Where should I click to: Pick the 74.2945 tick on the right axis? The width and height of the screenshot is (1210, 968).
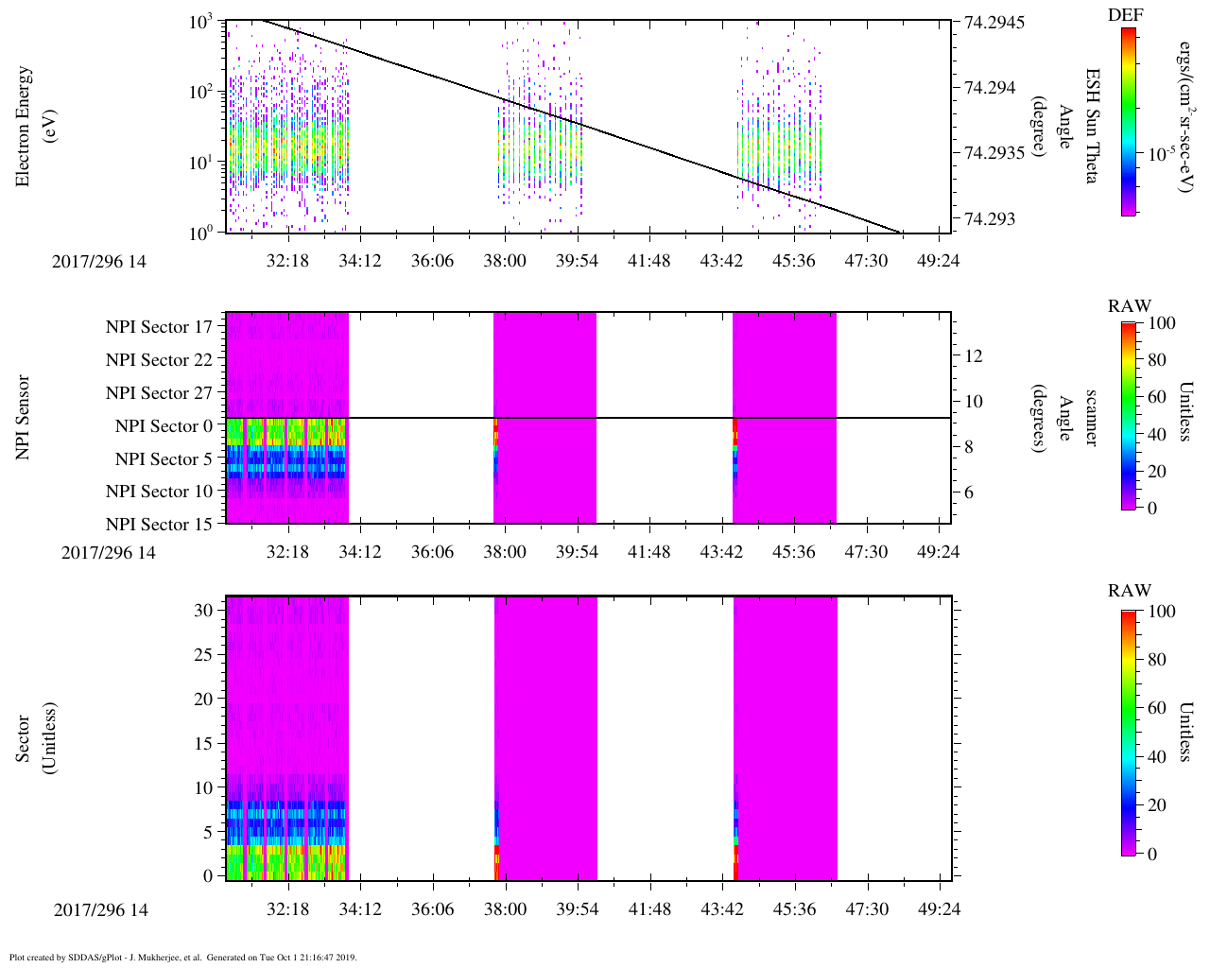[x=994, y=22]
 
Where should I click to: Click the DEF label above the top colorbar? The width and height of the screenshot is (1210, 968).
[x=1125, y=14]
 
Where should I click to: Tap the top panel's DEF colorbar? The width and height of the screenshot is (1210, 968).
[x=1129, y=121]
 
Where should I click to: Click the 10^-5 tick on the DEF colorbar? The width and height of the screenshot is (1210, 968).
[x=1159, y=153]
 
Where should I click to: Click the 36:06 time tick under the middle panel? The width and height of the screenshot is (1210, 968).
[x=432, y=551]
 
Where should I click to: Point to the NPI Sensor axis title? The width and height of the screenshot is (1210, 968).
[x=24, y=418]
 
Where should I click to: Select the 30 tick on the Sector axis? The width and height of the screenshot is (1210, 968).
[x=203, y=610]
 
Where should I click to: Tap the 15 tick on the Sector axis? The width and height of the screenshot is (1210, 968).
[x=203, y=743]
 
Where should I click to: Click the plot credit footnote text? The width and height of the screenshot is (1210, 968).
[x=182, y=958]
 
